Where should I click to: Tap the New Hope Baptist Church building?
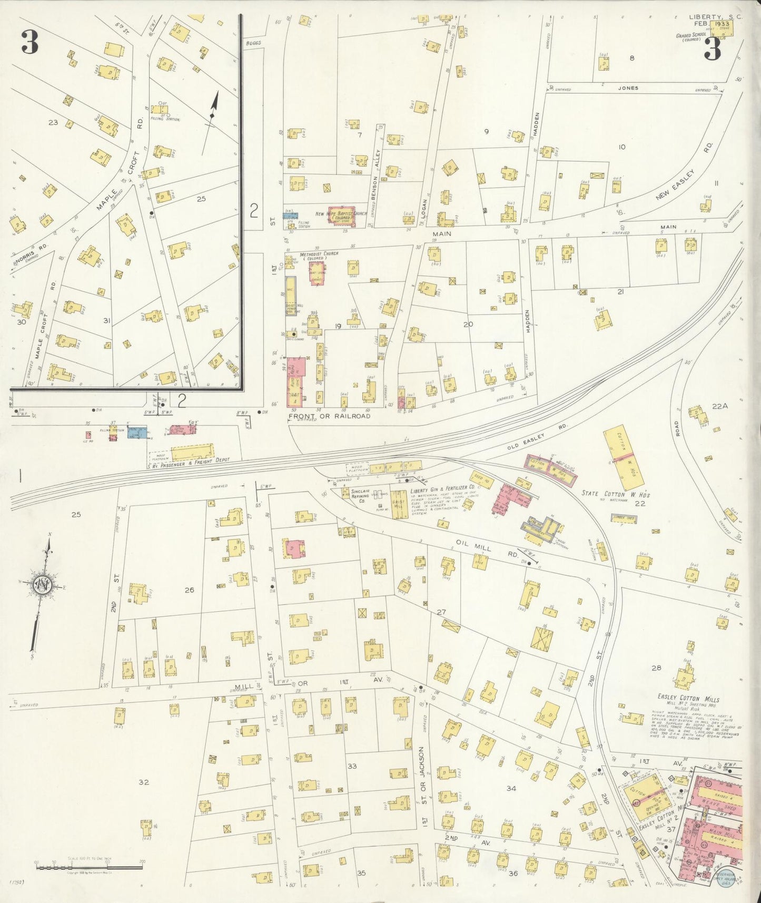point(341,217)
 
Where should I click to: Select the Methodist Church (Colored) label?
point(319,256)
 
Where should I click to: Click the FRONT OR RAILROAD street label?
point(329,416)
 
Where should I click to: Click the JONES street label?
point(628,88)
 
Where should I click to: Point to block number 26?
point(189,590)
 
